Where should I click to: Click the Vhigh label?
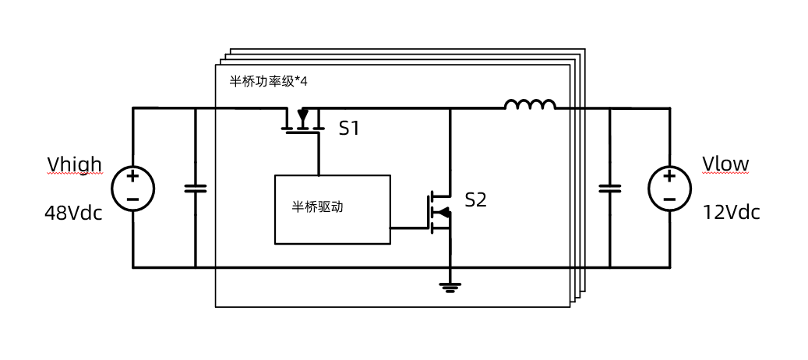(74, 164)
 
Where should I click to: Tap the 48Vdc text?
(73, 213)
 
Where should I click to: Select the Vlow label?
(725, 164)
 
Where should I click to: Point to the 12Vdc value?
(731, 213)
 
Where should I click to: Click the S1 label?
(349, 129)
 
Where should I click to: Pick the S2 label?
(475, 200)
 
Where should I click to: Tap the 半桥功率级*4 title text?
(268, 81)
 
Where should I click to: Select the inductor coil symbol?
(530, 104)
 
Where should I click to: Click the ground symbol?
(449, 287)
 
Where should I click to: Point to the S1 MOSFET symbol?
(303, 122)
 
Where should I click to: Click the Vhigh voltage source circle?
(132, 188)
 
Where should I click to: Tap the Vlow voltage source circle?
(669, 188)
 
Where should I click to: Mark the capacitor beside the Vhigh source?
(195, 188)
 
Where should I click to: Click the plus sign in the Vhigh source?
(132, 178)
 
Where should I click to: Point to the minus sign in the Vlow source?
(669, 199)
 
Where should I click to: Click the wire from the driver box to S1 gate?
(318, 156)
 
